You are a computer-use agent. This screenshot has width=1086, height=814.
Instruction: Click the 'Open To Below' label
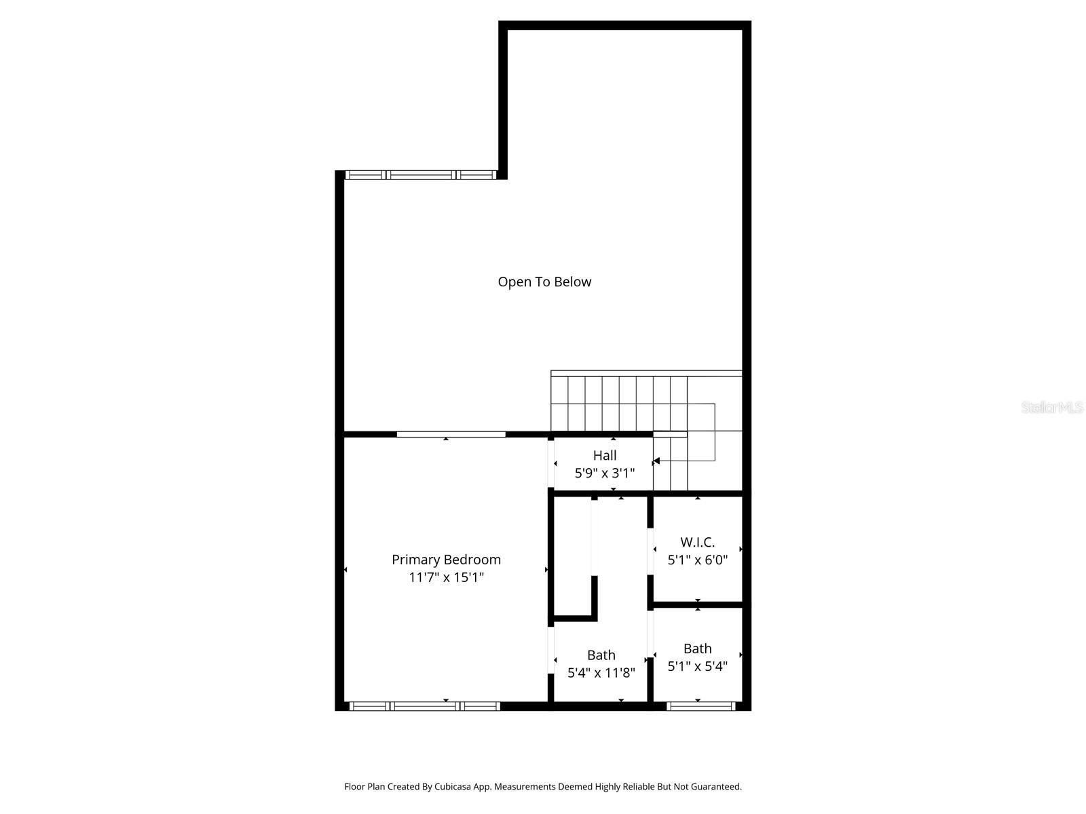tap(544, 282)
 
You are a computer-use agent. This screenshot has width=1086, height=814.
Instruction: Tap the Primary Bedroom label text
tap(446, 560)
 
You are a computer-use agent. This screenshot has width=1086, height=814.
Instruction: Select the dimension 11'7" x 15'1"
tap(446, 577)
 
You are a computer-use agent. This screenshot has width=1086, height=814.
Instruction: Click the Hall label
tap(605, 455)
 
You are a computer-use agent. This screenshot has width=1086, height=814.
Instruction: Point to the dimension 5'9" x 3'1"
tap(605, 473)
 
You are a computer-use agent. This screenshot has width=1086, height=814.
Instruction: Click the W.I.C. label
tap(697, 542)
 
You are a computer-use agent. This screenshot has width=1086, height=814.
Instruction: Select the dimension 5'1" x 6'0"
tap(697, 560)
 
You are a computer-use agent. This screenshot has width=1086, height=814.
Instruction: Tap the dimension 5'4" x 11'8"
tap(601, 672)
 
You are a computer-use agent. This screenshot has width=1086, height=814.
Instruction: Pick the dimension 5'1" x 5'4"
tap(697, 666)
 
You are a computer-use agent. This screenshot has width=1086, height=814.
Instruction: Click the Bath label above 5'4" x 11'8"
tap(601, 655)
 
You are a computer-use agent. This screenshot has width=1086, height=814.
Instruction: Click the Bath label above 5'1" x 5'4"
tap(697, 648)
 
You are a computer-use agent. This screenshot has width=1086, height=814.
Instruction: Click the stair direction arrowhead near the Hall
tap(656, 461)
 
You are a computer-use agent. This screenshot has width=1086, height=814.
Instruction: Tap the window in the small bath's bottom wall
tap(701, 706)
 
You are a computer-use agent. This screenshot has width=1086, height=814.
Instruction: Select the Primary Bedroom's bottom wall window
tap(425, 706)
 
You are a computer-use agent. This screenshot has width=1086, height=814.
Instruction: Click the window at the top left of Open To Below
tap(421, 175)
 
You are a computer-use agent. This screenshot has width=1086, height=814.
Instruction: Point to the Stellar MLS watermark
tap(1051, 407)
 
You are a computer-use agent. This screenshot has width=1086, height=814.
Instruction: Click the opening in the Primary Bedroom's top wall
tap(451, 434)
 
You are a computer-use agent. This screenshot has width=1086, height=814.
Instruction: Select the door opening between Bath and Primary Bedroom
tap(551, 649)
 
